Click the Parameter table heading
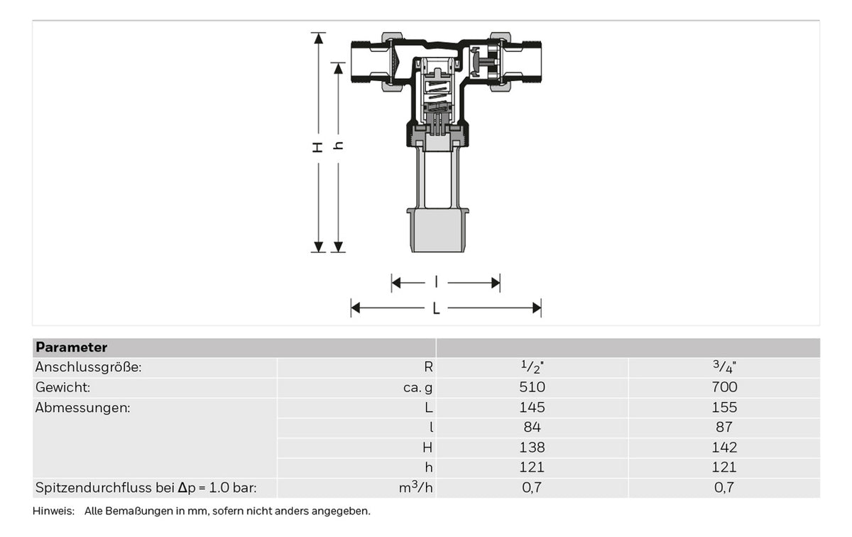point(72,347)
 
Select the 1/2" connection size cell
point(532,367)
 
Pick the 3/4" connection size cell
point(724,367)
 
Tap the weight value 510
point(532,387)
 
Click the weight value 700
point(724,387)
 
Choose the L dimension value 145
point(532,407)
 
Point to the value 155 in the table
point(724,407)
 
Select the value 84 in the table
point(532,427)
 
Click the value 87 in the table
point(724,427)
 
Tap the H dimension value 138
point(532,447)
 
